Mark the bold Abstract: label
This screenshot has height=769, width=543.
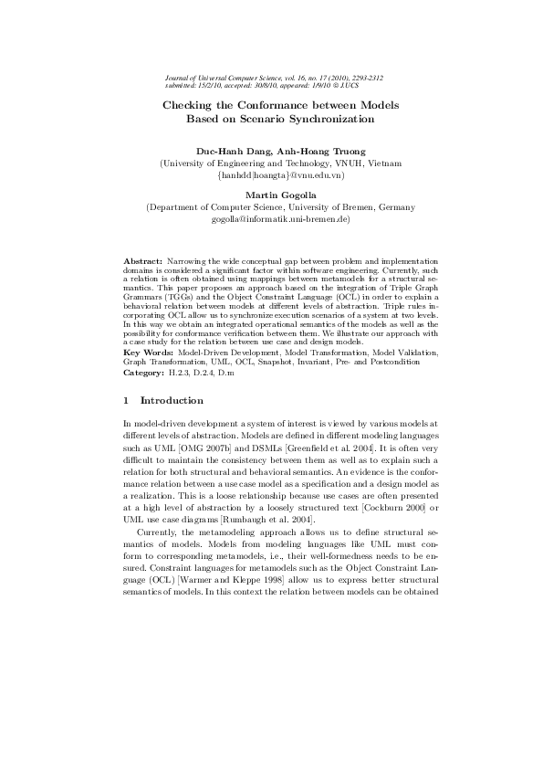[142, 261]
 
